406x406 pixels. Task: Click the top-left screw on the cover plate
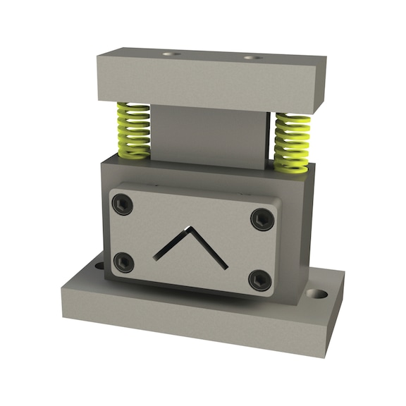(x=123, y=205)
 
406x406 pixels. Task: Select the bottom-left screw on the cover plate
(x=124, y=262)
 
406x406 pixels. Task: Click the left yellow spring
(x=133, y=130)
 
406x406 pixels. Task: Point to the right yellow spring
(x=292, y=142)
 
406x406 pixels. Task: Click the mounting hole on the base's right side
(x=320, y=293)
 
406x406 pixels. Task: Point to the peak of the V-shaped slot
(x=187, y=228)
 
